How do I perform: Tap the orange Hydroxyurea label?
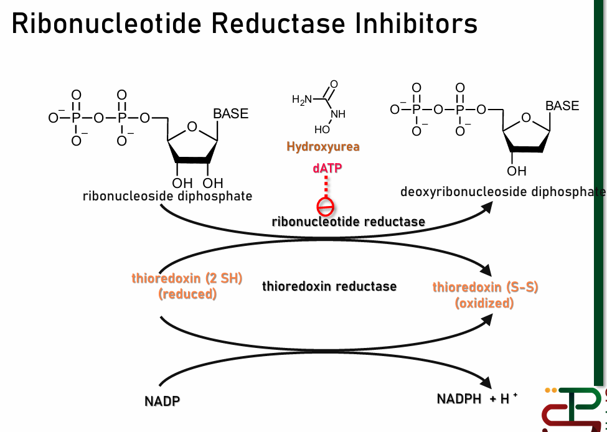point(323,147)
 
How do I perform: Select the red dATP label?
point(327,168)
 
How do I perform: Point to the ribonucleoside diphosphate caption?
point(167,196)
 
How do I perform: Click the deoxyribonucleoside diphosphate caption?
point(502,191)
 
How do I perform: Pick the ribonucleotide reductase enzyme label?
point(349,222)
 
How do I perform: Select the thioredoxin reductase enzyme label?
point(329,286)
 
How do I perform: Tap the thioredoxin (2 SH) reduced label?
point(187,286)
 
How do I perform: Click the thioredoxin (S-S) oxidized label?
point(485,295)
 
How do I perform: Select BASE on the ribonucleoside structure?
point(230,114)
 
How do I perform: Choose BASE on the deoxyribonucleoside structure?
point(562,106)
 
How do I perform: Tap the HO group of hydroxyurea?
point(322,130)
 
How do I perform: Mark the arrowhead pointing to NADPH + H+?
point(489,382)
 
